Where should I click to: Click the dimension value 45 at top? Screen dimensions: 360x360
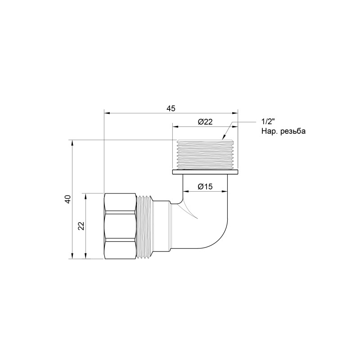[x=171, y=108]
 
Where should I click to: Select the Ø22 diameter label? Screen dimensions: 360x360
[x=205, y=121]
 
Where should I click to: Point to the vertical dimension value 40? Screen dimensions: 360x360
[x=67, y=199]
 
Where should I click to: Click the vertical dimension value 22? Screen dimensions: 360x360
[x=81, y=226]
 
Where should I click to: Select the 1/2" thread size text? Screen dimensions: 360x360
[x=268, y=122]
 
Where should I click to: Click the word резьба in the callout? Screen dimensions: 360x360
[x=292, y=131]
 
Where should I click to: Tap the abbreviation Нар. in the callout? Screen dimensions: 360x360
[x=269, y=131]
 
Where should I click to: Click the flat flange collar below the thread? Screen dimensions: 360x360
[x=205, y=172]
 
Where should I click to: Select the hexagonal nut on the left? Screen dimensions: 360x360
[x=120, y=226]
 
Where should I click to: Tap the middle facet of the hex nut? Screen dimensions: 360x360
[x=120, y=226]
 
